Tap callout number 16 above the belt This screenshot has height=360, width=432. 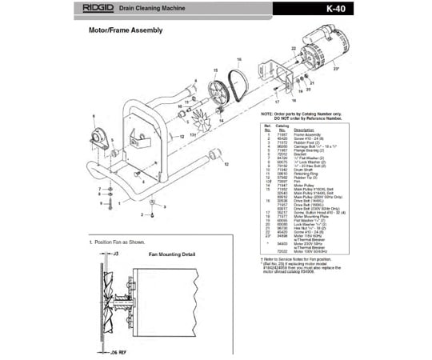[239, 61]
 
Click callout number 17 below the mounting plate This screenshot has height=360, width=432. [278, 103]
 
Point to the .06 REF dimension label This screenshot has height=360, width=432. [118, 351]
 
